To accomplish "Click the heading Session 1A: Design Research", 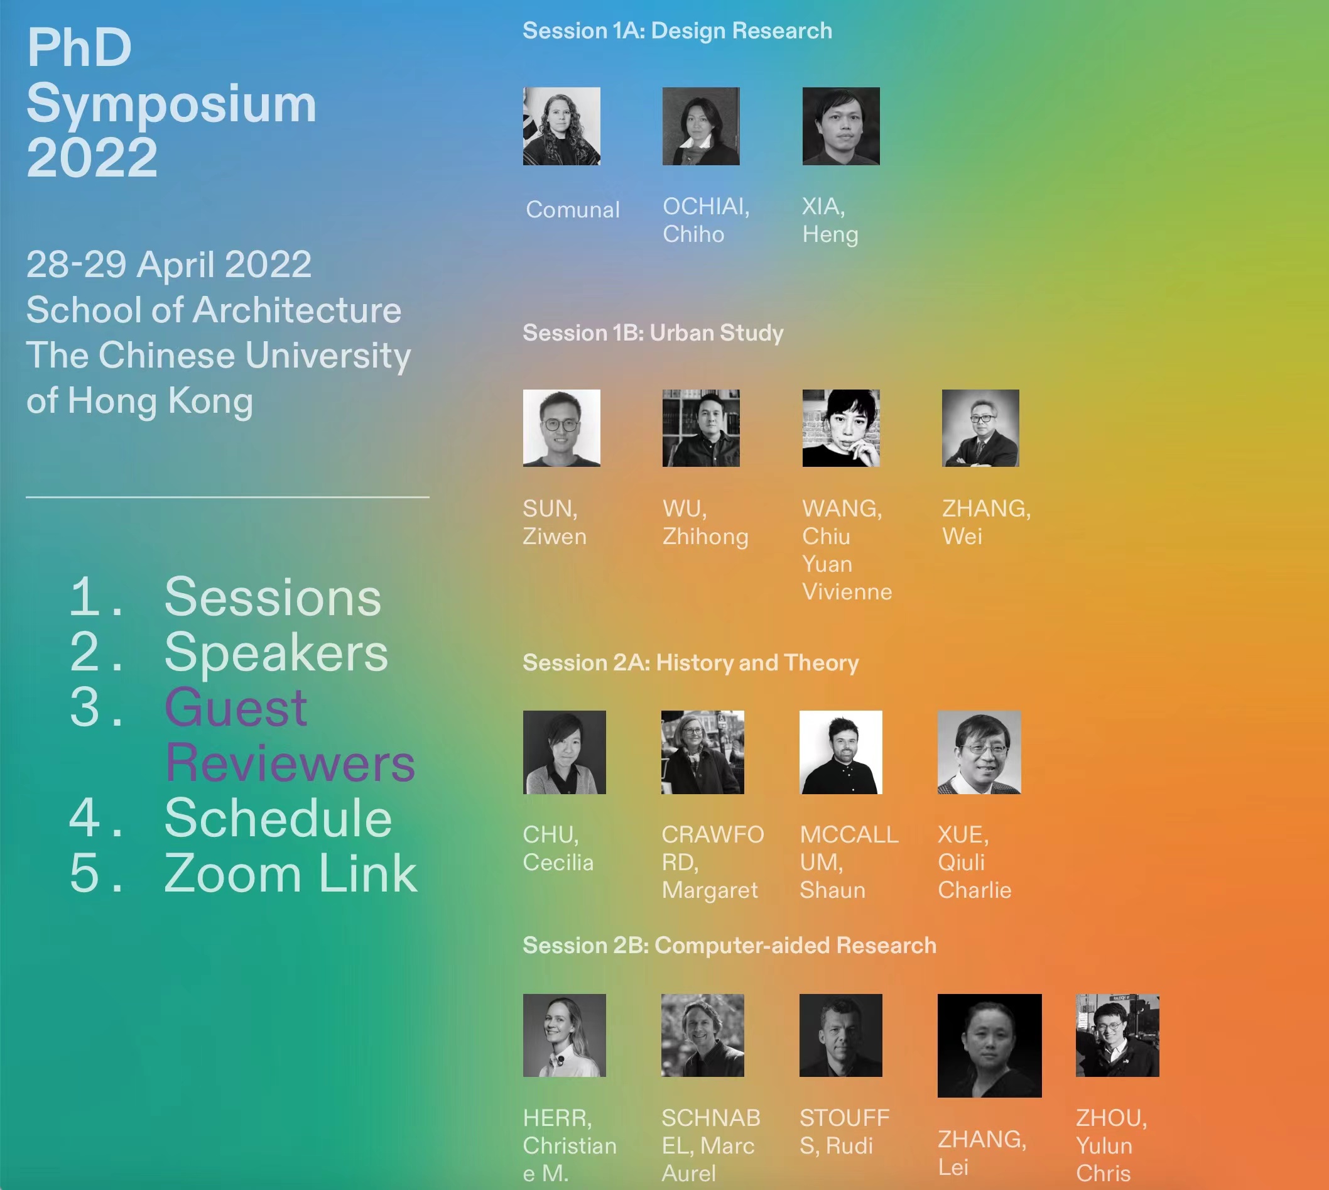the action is click(x=677, y=31).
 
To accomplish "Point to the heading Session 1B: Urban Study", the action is click(x=653, y=333).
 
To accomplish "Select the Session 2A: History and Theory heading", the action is click(x=690, y=663).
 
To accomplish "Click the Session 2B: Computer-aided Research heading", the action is click(x=730, y=946).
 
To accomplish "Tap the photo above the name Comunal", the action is click(x=561, y=126).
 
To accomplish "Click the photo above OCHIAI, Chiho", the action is click(x=701, y=126).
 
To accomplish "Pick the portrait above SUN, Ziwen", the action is click(x=561, y=429).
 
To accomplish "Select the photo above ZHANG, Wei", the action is click(x=980, y=429).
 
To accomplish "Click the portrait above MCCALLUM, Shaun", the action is click(x=841, y=753).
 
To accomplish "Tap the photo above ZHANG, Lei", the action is click(x=990, y=1046).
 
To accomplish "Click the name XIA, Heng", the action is click(x=830, y=221).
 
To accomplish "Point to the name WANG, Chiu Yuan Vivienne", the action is click(x=847, y=550).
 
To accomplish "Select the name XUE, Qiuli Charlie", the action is click(x=975, y=863).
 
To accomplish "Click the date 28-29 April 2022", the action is click(x=169, y=264).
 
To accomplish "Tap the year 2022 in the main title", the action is click(x=92, y=158).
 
